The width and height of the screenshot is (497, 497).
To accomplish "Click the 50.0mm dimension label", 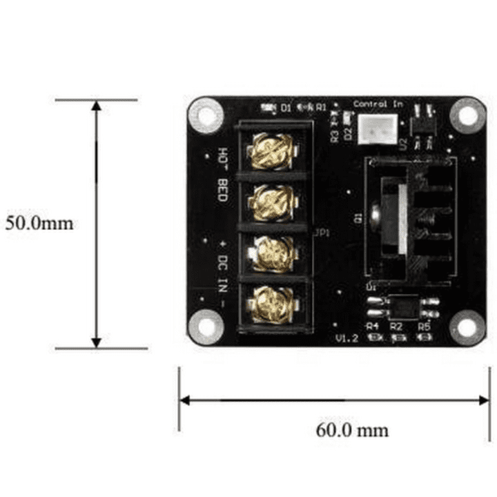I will [39, 224].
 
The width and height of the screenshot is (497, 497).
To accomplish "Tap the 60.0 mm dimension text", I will [352, 430].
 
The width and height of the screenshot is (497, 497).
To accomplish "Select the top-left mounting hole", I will [205, 115].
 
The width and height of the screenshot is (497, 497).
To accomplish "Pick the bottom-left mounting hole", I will [205, 326].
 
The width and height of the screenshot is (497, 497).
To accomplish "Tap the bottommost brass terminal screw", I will [269, 302].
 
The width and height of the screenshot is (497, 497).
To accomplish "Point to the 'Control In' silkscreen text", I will [378, 104].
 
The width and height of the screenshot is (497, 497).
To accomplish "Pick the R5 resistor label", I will [424, 325].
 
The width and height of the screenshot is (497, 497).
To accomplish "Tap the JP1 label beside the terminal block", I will [321, 233].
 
